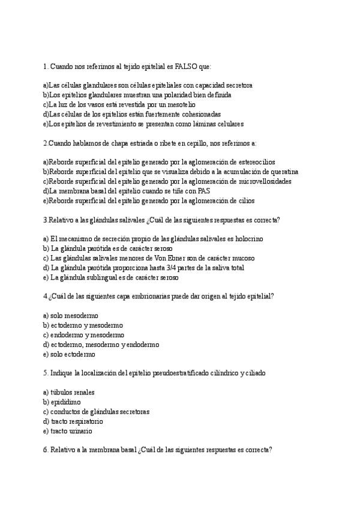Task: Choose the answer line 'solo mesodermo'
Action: point(71,316)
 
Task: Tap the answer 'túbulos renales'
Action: point(68,393)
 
